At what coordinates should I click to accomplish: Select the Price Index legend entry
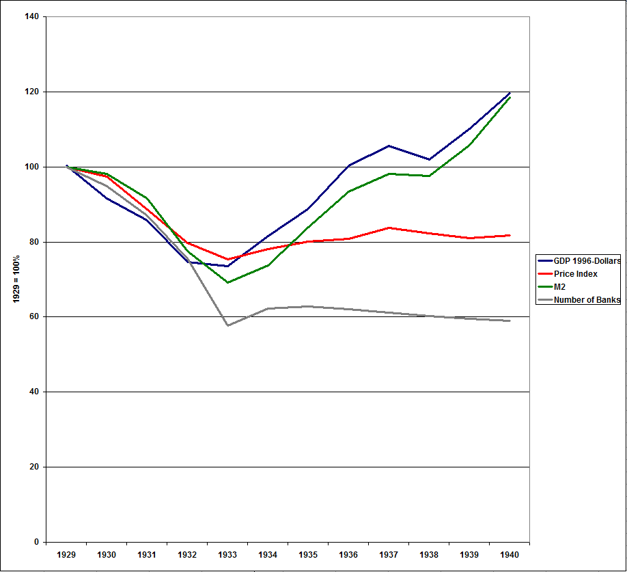click(x=575, y=273)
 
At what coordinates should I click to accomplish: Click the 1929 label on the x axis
click(x=66, y=555)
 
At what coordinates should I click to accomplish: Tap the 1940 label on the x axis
click(x=510, y=555)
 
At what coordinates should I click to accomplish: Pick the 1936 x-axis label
click(x=348, y=555)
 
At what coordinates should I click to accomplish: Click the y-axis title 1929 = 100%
click(x=16, y=279)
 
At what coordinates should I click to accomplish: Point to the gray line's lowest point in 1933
click(x=227, y=325)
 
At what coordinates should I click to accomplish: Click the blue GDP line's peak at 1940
click(x=510, y=93)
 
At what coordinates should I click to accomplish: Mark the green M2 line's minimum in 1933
click(x=227, y=282)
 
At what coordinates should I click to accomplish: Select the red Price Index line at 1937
click(x=389, y=228)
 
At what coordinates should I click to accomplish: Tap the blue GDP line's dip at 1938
click(x=429, y=159)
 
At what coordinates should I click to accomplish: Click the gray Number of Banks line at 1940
click(x=510, y=321)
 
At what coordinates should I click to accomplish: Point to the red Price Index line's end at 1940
click(x=510, y=235)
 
